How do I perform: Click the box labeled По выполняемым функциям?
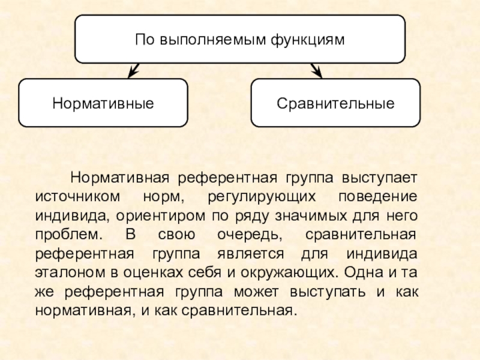pyautogui.click(x=239, y=40)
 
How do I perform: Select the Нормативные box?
pyautogui.click(x=103, y=103)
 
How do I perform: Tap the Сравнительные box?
pyautogui.click(x=335, y=103)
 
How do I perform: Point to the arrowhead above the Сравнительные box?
pyautogui.click(x=317, y=71)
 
